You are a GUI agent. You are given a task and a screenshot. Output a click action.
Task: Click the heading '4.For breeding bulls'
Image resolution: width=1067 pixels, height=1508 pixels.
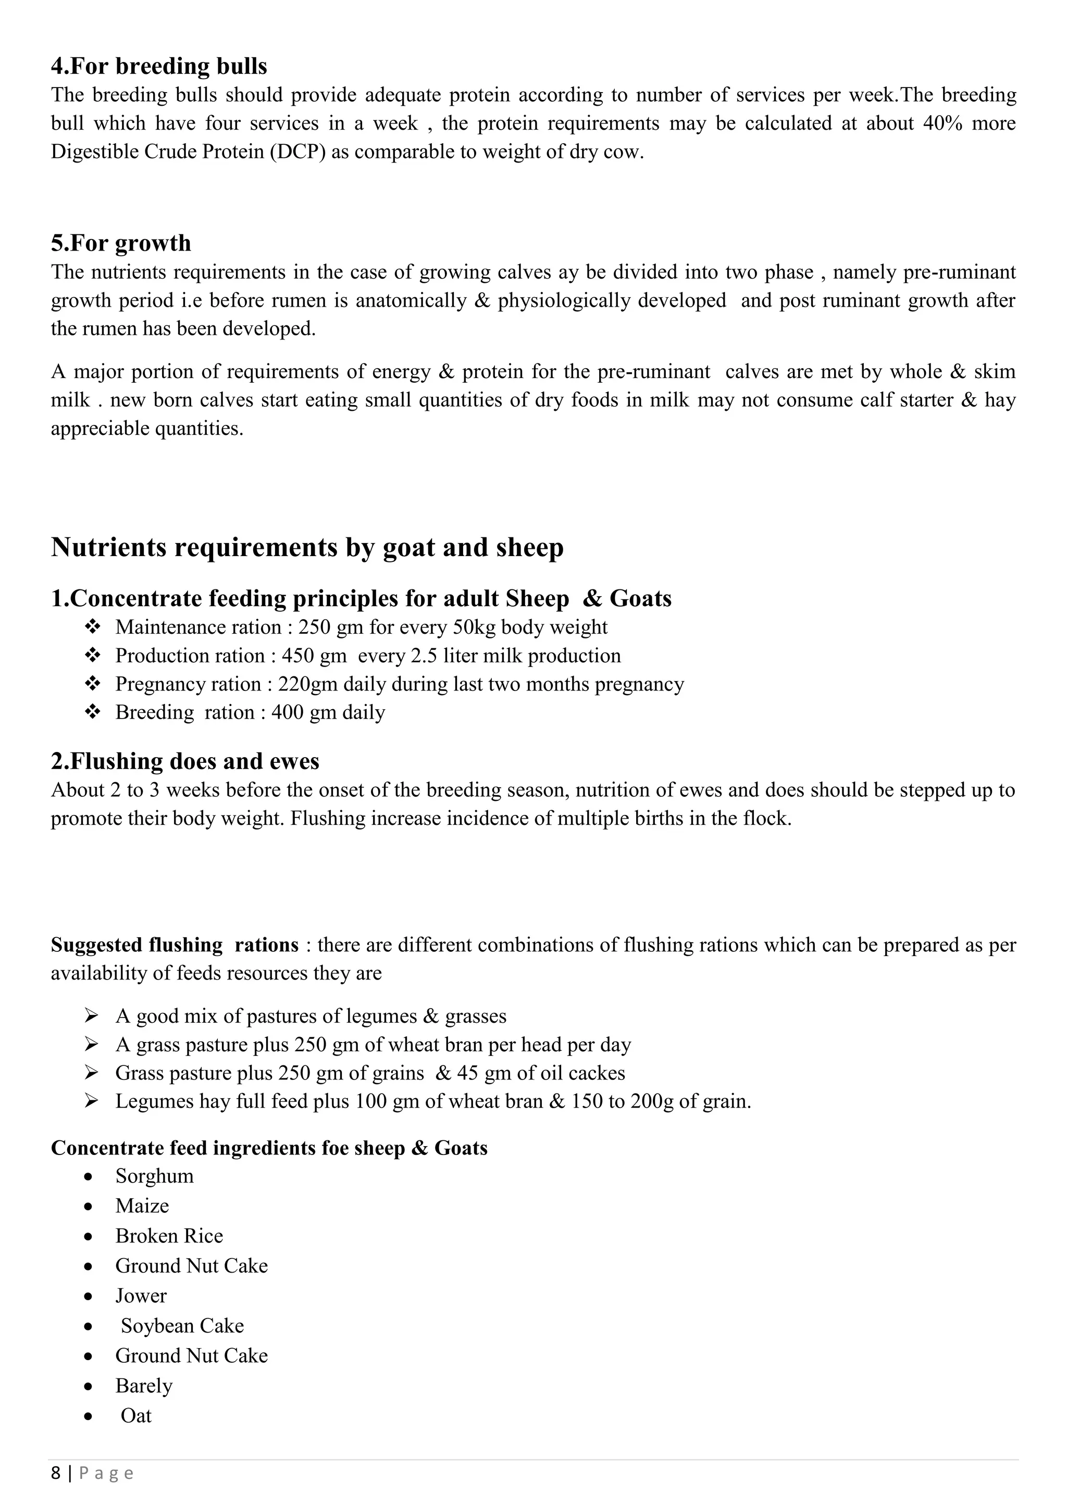point(159,66)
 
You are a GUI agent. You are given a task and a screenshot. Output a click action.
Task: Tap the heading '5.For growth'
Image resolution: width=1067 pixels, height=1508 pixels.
point(121,243)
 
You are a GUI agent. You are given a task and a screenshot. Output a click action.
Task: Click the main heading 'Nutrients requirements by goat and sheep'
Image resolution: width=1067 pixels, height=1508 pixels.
point(307,547)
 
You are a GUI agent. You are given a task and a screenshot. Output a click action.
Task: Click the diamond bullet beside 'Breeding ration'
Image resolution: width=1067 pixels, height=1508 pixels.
point(92,712)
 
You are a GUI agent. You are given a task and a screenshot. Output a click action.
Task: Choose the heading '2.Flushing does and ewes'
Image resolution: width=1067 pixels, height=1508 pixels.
point(185,761)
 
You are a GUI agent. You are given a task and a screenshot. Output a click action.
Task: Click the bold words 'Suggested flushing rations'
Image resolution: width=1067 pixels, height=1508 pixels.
point(175,945)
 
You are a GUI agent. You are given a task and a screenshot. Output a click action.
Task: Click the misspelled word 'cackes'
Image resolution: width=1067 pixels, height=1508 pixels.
point(597,1073)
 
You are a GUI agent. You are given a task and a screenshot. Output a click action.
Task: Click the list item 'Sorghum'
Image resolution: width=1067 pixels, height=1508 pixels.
point(154,1176)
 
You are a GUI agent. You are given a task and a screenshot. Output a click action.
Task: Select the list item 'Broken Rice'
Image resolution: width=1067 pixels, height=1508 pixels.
point(169,1236)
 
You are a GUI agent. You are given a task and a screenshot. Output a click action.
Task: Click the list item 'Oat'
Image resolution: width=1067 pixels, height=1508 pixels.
point(136,1416)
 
